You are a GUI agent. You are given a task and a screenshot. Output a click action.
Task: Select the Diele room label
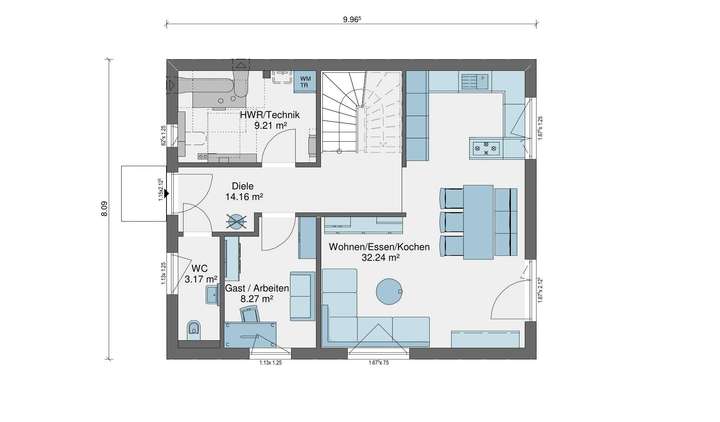click(243, 186)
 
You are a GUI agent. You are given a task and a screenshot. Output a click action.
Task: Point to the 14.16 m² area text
click(244, 198)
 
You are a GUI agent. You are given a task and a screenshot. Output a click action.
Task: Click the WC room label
click(200, 268)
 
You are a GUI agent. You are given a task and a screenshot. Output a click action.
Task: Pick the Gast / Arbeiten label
click(257, 287)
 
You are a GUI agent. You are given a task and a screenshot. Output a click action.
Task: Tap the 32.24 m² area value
click(381, 258)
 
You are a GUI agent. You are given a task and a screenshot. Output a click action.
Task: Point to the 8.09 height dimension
click(104, 209)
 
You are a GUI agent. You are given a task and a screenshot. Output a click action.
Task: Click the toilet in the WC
click(195, 328)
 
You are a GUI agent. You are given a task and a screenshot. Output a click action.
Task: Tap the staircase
click(360, 115)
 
